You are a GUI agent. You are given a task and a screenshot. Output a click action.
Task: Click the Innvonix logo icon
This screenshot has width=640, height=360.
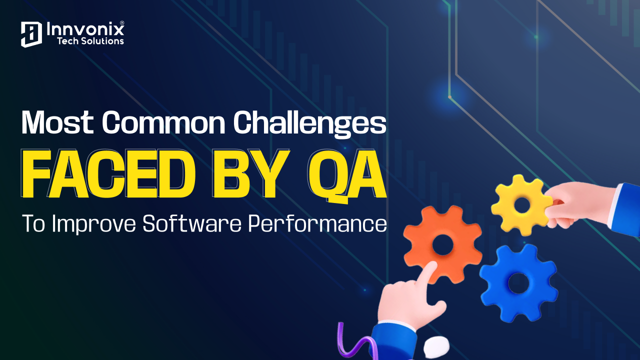(30, 34)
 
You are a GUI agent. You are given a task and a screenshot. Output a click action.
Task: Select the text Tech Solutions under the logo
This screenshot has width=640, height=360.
(90, 41)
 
